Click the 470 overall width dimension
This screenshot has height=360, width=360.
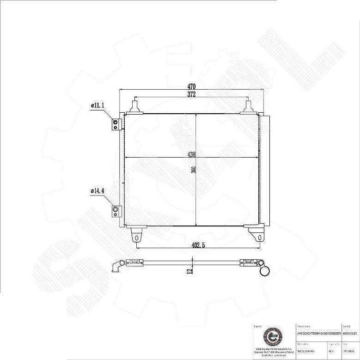(191, 86)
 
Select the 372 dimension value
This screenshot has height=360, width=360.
(191, 94)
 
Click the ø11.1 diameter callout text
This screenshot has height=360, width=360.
(98, 106)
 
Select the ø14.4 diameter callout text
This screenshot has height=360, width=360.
(98, 190)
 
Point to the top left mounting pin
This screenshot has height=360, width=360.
(135, 107)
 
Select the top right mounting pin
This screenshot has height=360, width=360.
(248, 107)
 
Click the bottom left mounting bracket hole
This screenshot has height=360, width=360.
(136, 237)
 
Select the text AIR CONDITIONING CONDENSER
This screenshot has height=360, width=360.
(318, 333)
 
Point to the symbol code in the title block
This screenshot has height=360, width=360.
(350, 333)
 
